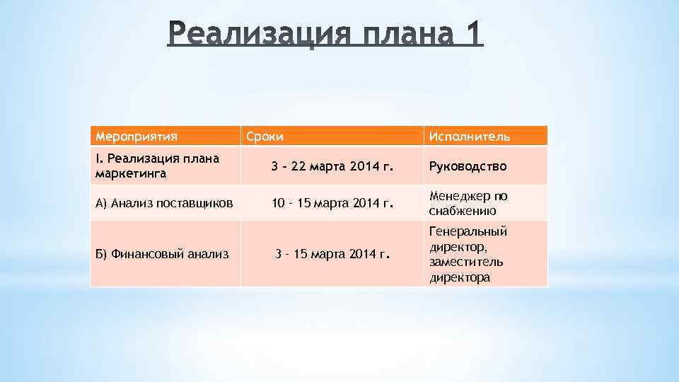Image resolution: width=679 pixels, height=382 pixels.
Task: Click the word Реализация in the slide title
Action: click(x=265, y=34)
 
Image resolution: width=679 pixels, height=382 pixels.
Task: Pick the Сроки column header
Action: click(x=265, y=136)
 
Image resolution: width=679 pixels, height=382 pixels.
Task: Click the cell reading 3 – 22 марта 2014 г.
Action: click(x=331, y=166)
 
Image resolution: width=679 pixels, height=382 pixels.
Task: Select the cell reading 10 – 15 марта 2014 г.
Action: click(x=331, y=204)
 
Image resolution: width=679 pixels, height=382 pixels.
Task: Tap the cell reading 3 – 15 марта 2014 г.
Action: click(x=331, y=253)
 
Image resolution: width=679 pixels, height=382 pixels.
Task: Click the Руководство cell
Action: click(x=468, y=166)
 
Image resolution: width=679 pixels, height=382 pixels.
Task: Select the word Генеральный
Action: click(x=468, y=231)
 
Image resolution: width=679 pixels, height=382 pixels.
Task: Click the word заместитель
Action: click(x=466, y=262)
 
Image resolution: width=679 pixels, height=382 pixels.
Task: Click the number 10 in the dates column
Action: click(x=280, y=204)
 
